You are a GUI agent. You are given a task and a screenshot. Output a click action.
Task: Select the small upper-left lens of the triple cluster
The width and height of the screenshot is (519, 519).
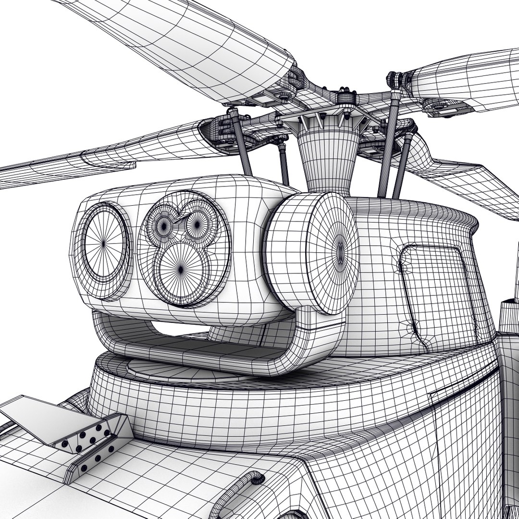(x=165, y=224)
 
